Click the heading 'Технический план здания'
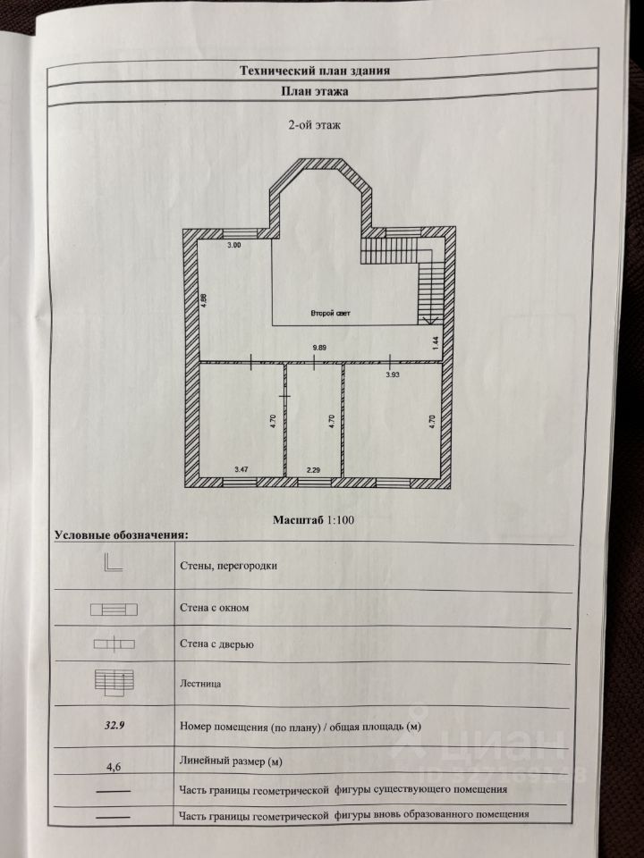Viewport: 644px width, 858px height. (x=314, y=70)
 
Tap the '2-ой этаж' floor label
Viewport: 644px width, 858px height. (x=309, y=126)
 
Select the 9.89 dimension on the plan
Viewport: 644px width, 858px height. (x=319, y=346)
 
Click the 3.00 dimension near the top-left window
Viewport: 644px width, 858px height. (x=234, y=245)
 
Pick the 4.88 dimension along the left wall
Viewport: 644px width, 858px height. (x=204, y=299)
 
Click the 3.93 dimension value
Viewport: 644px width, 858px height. (x=393, y=375)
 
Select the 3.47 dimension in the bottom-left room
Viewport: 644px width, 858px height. (x=241, y=468)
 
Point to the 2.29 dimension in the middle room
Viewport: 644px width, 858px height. (x=313, y=468)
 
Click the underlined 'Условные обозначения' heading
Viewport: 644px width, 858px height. (x=122, y=534)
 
